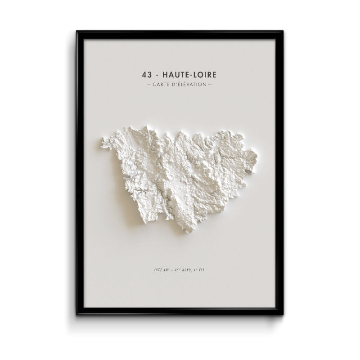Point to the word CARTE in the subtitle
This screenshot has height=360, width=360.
(162, 84)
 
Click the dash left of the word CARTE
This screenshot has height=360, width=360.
(149, 84)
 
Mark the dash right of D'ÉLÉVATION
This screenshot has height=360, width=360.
(210, 84)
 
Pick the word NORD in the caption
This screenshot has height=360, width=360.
(187, 270)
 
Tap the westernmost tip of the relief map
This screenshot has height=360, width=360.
(100, 144)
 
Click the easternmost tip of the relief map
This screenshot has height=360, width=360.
(257, 157)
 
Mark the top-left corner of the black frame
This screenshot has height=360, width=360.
(77, 31)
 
